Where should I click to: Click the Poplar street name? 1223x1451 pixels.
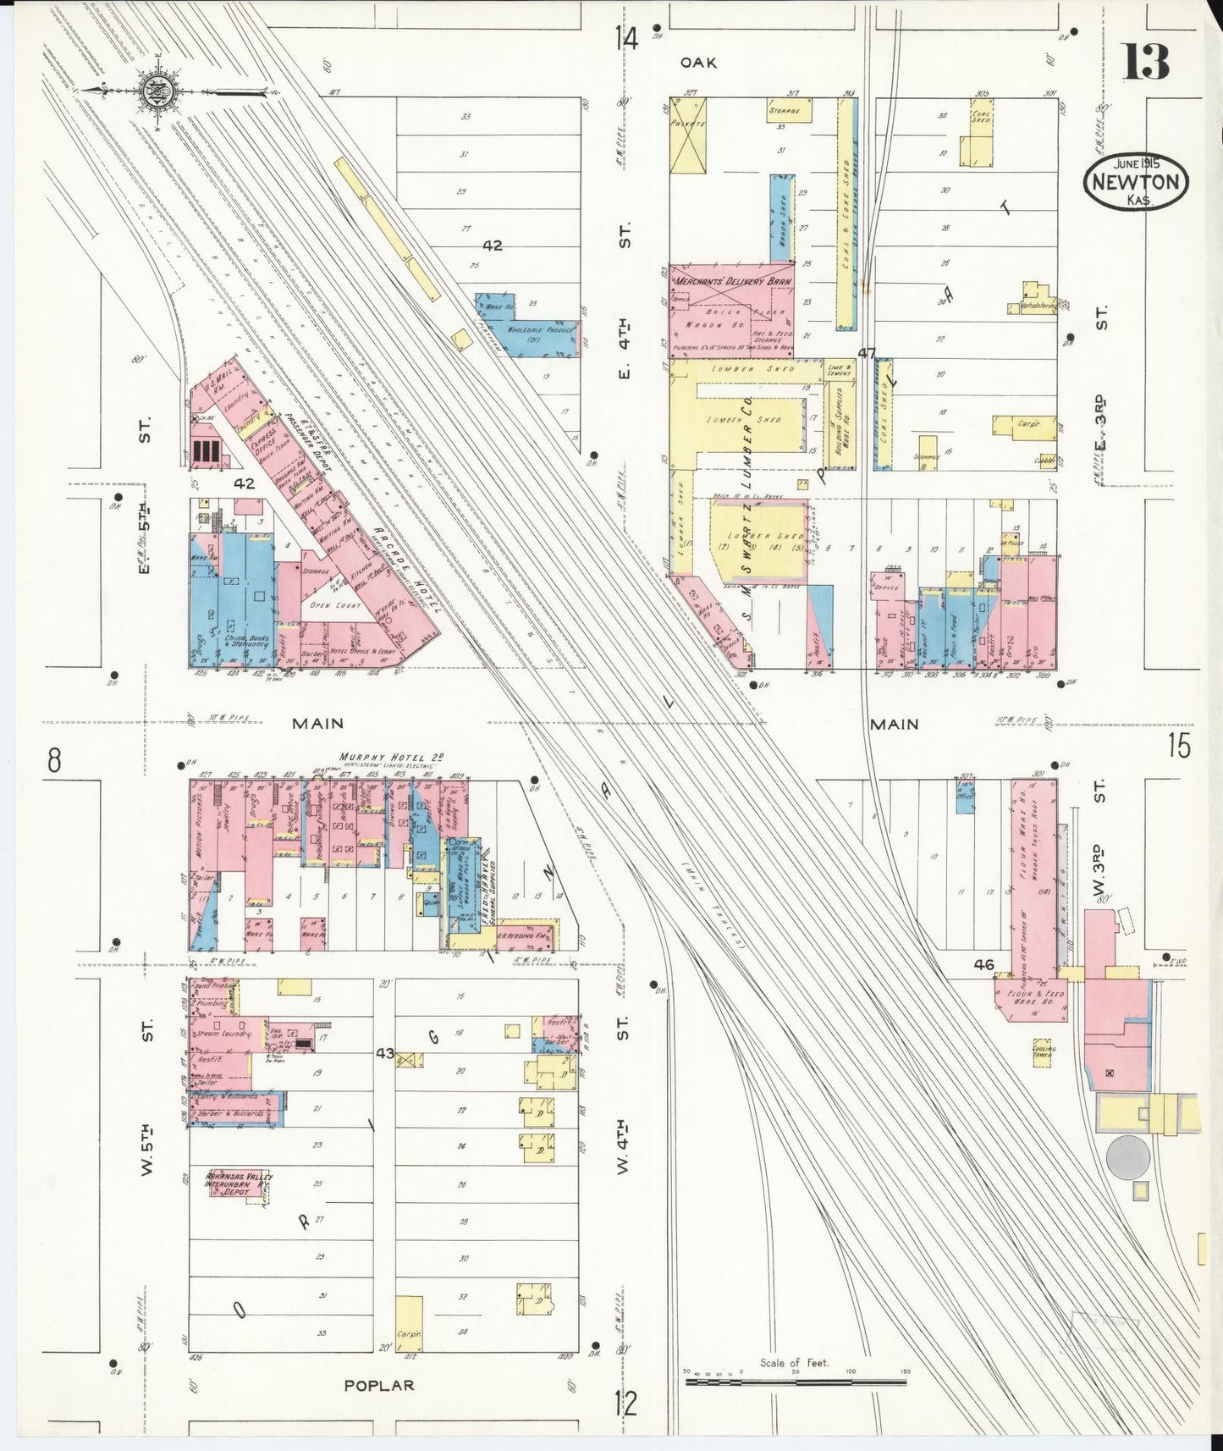click(378, 1386)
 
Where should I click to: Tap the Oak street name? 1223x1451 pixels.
click(699, 62)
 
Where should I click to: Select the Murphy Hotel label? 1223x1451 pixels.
click(391, 757)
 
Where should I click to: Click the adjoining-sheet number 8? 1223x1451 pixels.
click(54, 760)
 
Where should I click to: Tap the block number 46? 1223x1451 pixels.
click(983, 964)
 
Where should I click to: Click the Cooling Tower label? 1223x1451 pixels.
click(1043, 1052)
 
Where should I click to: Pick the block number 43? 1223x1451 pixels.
click(385, 1052)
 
